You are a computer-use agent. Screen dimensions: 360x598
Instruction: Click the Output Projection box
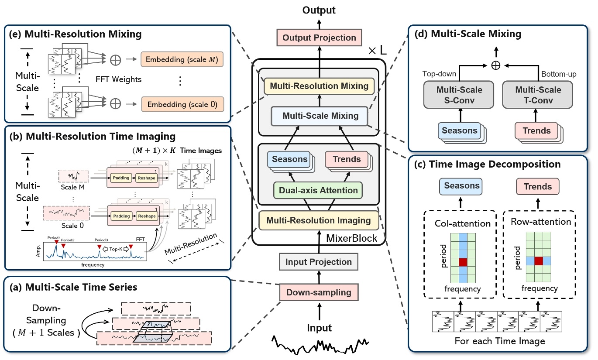(319, 38)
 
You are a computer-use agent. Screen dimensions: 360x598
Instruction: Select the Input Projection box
(318, 262)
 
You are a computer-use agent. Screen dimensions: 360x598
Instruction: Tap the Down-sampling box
(319, 292)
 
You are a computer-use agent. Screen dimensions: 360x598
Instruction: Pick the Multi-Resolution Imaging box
(319, 220)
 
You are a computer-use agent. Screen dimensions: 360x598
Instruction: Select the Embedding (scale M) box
(182, 59)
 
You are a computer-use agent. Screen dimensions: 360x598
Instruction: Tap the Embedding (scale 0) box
(182, 104)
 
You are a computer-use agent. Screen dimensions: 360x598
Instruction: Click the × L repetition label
(376, 51)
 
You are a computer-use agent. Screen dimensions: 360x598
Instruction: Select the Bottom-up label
(558, 74)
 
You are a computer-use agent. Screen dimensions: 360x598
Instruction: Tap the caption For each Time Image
(500, 341)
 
